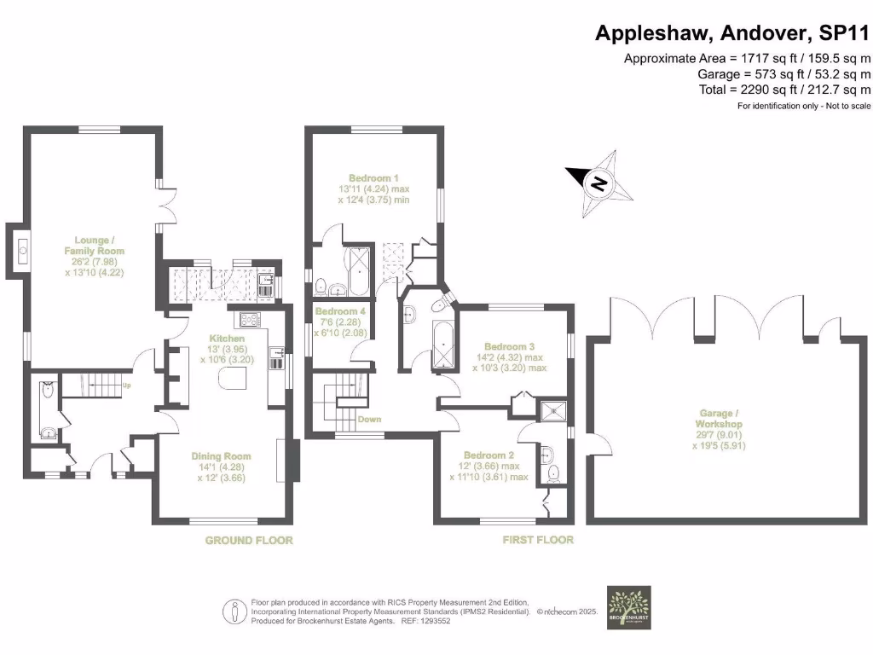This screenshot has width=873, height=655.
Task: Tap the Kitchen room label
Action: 227,339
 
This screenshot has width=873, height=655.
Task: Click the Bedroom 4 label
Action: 340,312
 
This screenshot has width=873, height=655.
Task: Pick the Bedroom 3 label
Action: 509,347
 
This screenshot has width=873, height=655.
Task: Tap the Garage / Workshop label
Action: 719,418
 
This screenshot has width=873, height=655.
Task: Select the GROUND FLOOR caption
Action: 249,541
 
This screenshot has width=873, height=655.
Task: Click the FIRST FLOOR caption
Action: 537,540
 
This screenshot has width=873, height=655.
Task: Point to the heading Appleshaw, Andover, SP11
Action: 732,33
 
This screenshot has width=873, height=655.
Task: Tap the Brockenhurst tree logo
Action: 628,607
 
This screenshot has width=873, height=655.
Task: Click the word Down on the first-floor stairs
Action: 369,420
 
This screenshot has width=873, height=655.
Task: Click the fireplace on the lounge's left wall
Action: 20,251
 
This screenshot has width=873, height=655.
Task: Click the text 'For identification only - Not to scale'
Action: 803,106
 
